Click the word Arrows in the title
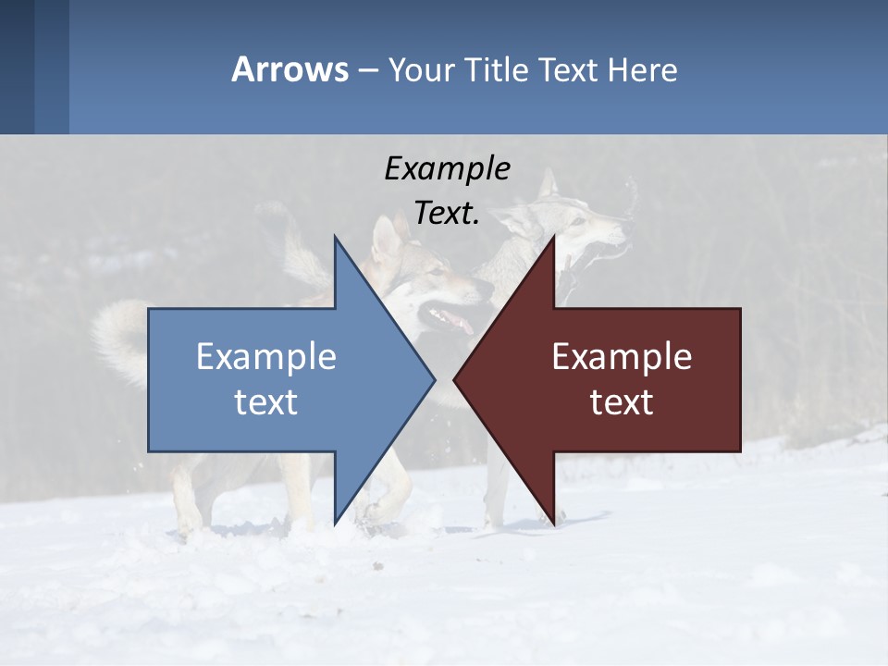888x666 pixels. pos(290,69)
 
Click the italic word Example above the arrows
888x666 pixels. pos(447,168)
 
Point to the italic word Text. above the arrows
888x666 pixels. pos(447,213)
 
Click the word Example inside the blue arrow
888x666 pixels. pos(266,356)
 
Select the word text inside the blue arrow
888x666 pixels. pos(266,402)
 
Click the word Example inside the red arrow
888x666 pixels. pos(622,356)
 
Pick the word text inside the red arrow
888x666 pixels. pos(622,402)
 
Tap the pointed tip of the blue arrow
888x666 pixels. pos(433,378)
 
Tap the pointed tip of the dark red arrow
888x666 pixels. pos(456,378)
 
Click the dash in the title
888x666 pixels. pos(367,69)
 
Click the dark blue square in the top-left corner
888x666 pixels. pos(17,67)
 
